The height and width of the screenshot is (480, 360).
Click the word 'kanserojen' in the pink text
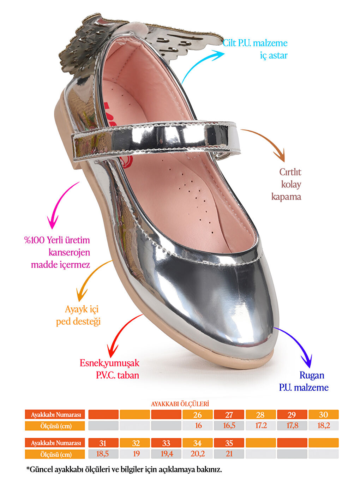(x=69, y=252)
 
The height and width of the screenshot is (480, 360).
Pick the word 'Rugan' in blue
(x=312, y=375)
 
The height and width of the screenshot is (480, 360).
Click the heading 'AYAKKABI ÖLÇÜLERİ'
(x=180, y=404)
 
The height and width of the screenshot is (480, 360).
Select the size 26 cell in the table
(x=198, y=415)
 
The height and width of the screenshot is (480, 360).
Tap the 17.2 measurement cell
(x=261, y=426)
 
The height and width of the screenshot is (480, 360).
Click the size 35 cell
(x=229, y=443)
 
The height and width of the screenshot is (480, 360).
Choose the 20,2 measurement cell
(x=198, y=454)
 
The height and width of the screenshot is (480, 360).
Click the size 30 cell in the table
(x=323, y=415)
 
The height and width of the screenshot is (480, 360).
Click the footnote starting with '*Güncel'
(x=124, y=470)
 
